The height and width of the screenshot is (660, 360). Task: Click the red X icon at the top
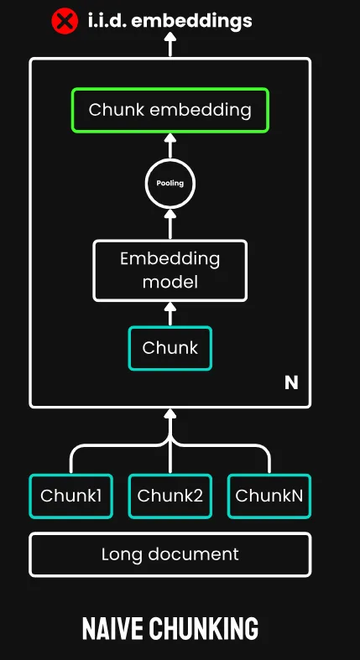tap(65, 21)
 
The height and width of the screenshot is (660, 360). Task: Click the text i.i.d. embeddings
tap(170, 21)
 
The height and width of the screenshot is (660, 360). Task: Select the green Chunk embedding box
tap(170, 111)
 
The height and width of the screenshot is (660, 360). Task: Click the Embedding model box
tap(170, 271)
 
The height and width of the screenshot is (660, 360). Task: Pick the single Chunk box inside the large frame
tap(170, 348)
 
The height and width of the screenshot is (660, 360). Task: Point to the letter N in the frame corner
tap(291, 382)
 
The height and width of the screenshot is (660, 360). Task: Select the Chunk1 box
tap(71, 496)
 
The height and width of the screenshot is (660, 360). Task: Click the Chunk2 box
tap(170, 496)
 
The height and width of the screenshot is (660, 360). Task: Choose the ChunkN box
tap(269, 496)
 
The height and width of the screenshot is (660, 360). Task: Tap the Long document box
tap(170, 554)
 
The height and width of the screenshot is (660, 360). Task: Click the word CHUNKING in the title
tap(203, 629)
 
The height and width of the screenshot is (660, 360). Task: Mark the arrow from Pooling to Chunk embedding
tap(170, 146)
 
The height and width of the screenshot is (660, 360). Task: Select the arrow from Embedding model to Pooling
tap(170, 225)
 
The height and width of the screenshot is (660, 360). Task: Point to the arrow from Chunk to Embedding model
tap(170, 314)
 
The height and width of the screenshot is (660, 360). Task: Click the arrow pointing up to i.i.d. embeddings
tap(170, 44)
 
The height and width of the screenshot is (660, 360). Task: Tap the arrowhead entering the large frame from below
tap(170, 413)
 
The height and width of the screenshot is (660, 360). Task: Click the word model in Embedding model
tap(170, 282)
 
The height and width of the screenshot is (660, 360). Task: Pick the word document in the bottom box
tap(193, 554)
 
